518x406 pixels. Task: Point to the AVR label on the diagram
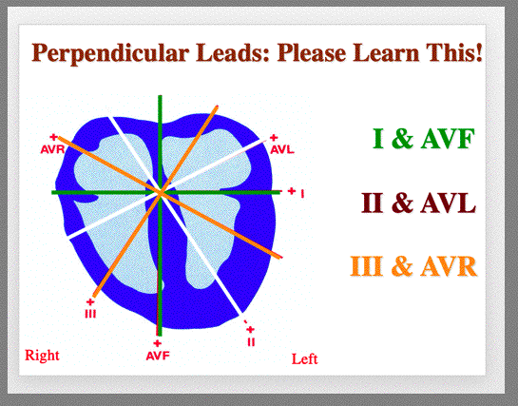(x=52, y=149)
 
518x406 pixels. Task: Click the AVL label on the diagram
(x=282, y=149)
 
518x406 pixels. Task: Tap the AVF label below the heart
(x=158, y=356)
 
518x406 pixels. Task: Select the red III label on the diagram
(x=90, y=313)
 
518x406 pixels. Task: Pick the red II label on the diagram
(x=251, y=342)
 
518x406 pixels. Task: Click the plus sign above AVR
(x=53, y=137)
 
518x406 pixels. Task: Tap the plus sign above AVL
(x=274, y=137)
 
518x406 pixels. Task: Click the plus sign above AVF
(x=158, y=343)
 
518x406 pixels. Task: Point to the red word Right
(x=42, y=356)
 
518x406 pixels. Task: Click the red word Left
(x=304, y=358)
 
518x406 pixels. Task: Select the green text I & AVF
(x=424, y=139)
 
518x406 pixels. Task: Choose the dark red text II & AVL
(x=418, y=203)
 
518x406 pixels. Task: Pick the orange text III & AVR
(x=413, y=266)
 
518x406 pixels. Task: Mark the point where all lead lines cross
(x=161, y=192)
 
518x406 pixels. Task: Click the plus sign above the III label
(x=90, y=301)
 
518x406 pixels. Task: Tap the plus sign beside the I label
(x=291, y=190)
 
